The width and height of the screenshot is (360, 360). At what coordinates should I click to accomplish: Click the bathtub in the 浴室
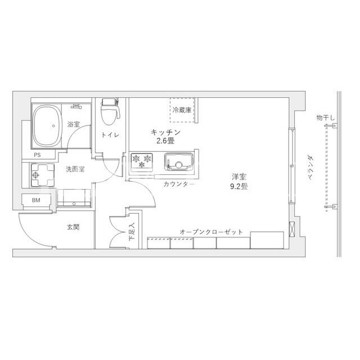pyautogui.click(x=47, y=126)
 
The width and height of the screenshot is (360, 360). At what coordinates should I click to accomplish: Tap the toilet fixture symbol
pyautogui.click(x=110, y=111)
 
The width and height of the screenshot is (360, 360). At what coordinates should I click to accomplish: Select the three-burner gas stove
pyautogui.click(x=142, y=162)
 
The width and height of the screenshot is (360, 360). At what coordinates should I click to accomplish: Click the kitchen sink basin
pyautogui.click(x=179, y=161)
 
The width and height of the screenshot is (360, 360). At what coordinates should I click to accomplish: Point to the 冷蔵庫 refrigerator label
pyautogui.click(x=182, y=110)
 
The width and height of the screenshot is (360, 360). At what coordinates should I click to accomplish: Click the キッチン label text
pyautogui.click(x=165, y=132)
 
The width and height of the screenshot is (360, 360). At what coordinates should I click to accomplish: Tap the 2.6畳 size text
pyautogui.click(x=165, y=141)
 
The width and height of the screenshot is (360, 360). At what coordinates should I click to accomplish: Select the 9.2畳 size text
pyautogui.click(x=238, y=186)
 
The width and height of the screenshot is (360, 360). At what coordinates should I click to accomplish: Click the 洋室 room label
pyautogui.click(x=239, y=177)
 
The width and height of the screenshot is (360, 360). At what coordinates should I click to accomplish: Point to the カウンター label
pyautogui.click(x=179, y=184)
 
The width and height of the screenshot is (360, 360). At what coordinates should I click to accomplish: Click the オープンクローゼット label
pyautogui.click(x=211, y=232)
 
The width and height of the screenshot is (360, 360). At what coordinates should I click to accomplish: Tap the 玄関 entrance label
pyautogui.click(x=73, y=227)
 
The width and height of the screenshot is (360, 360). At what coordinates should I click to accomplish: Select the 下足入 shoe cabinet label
pyautogui.click(x=132, y=231)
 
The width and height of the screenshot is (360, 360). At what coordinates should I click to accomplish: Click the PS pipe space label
pyautogui.click(x=37, y=155)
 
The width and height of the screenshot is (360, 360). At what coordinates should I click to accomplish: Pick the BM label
pyautogui.click(x=36, y=200)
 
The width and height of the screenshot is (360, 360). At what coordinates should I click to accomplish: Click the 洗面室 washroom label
pyautogui.click(x=75, y=169)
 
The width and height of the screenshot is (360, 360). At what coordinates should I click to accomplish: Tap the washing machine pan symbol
pyautogui.click(x=43, y=175)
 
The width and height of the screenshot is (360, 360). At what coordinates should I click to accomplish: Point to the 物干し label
pyautogui.click(x=326, y=118)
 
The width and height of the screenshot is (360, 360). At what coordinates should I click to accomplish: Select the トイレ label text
pyautogui.click(x=110, y=135)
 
